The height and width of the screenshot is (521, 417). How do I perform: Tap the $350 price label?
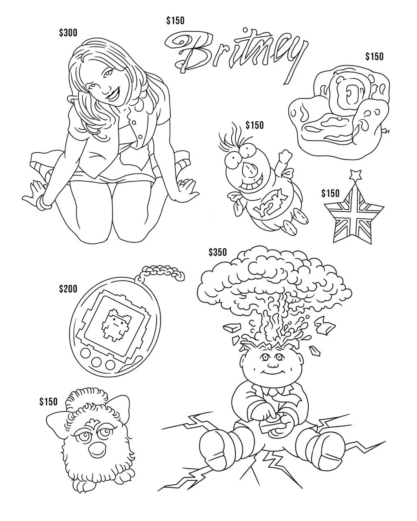tap(217, 253)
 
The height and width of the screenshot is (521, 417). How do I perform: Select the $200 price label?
tap(68, 289)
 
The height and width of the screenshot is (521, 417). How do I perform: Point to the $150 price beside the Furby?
tap(48, 402)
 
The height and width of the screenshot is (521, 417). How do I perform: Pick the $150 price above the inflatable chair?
tap(374, 57)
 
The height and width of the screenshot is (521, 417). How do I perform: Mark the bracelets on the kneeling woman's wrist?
tap(45, 201)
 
